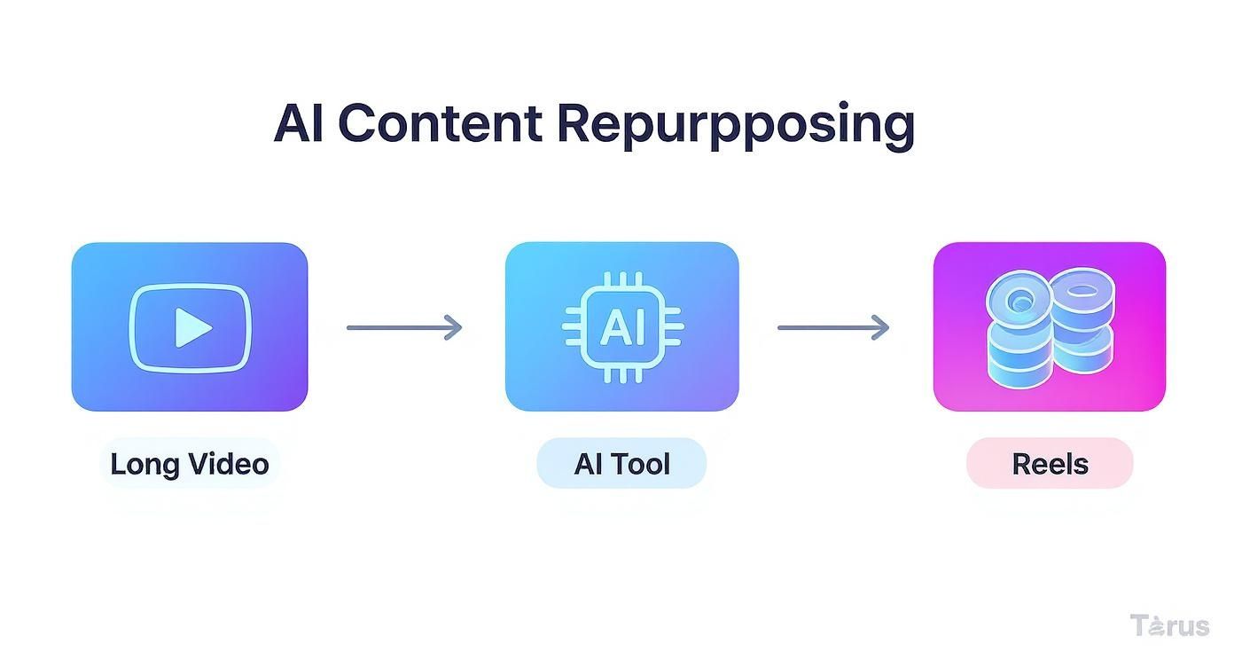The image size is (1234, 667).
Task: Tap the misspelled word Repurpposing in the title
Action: click(x=736, y=125)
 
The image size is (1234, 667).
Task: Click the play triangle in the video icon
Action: click(x=191, y=328)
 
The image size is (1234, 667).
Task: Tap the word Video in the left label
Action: click(x=229, y=464)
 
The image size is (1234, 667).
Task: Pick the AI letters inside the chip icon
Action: click(x=622, y=328)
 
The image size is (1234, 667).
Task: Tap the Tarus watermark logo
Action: click(x=1169, y=625)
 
